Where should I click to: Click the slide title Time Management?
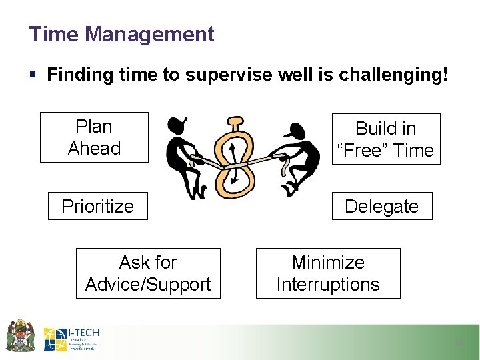tap(121, 34)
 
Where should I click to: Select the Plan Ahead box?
tap(94, 137)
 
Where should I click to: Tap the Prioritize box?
tap(97, 206)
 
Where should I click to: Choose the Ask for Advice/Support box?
tap(148, 273)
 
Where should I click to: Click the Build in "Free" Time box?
tap(385, 139)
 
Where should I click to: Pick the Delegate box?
tap(381, 206)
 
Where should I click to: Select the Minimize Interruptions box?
tap(328, 273)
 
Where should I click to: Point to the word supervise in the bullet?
tap(229, 75)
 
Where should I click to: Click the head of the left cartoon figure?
tap(176, 125)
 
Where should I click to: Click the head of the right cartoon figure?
tap(297, 129)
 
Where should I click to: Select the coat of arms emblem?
tap(21, 335)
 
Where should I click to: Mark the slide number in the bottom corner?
tap(458, 343)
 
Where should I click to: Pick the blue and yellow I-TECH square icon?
tap(55, 339)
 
